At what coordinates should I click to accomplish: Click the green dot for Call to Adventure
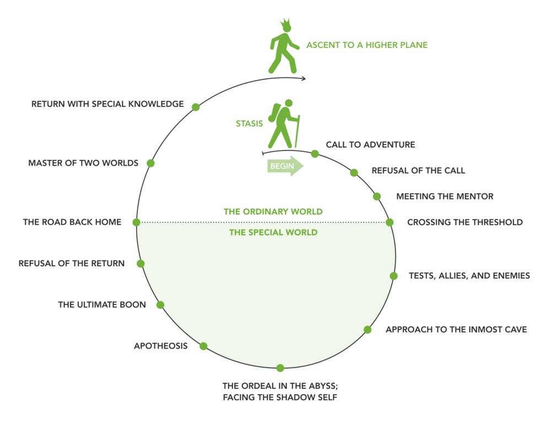(x=315, y=154)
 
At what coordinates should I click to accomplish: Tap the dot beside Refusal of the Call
(x=354, y=173)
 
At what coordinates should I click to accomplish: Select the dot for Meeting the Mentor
(x=377, y=196)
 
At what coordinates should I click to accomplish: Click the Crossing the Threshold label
(x=464, y=222)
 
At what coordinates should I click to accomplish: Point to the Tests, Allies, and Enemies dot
(x=393, y=276)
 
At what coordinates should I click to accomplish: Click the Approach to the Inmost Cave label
(x=456, y=330)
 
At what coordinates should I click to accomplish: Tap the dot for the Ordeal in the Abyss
(x=280, y=368)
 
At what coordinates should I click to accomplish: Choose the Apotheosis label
(x=160, y=346)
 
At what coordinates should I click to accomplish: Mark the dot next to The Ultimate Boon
(x=160, y=304)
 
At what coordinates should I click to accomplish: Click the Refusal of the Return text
(x=72, y=263)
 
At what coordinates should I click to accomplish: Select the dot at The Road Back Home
(x=137, y=222)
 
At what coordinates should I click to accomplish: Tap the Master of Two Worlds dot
(x=150, y=163)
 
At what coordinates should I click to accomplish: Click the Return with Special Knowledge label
(x=107, y=104)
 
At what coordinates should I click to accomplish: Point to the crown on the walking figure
(x=285, y=25)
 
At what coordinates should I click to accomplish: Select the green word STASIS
(x=250, y=124)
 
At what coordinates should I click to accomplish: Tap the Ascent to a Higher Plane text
(x=367, y=45)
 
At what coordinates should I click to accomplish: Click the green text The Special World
(x=273, y=233)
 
